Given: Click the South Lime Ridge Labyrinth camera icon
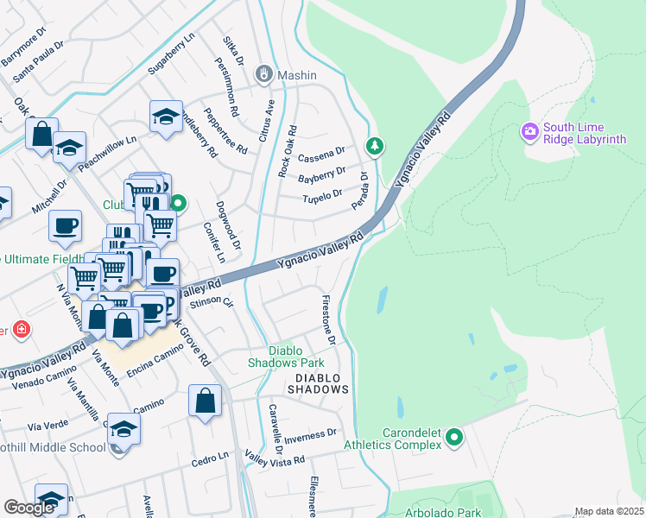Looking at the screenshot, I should [x=529, y=133].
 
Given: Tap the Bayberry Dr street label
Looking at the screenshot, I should [x=321, y=176].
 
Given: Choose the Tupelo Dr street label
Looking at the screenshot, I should [x=324, y=198].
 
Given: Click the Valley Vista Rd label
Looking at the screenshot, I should [x=275, y=454].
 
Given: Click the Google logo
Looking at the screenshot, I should [x=29, y=508].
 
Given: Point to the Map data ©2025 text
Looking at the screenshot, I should [x=609, y=511].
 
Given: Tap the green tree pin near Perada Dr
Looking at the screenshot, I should [x=374, y=146].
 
